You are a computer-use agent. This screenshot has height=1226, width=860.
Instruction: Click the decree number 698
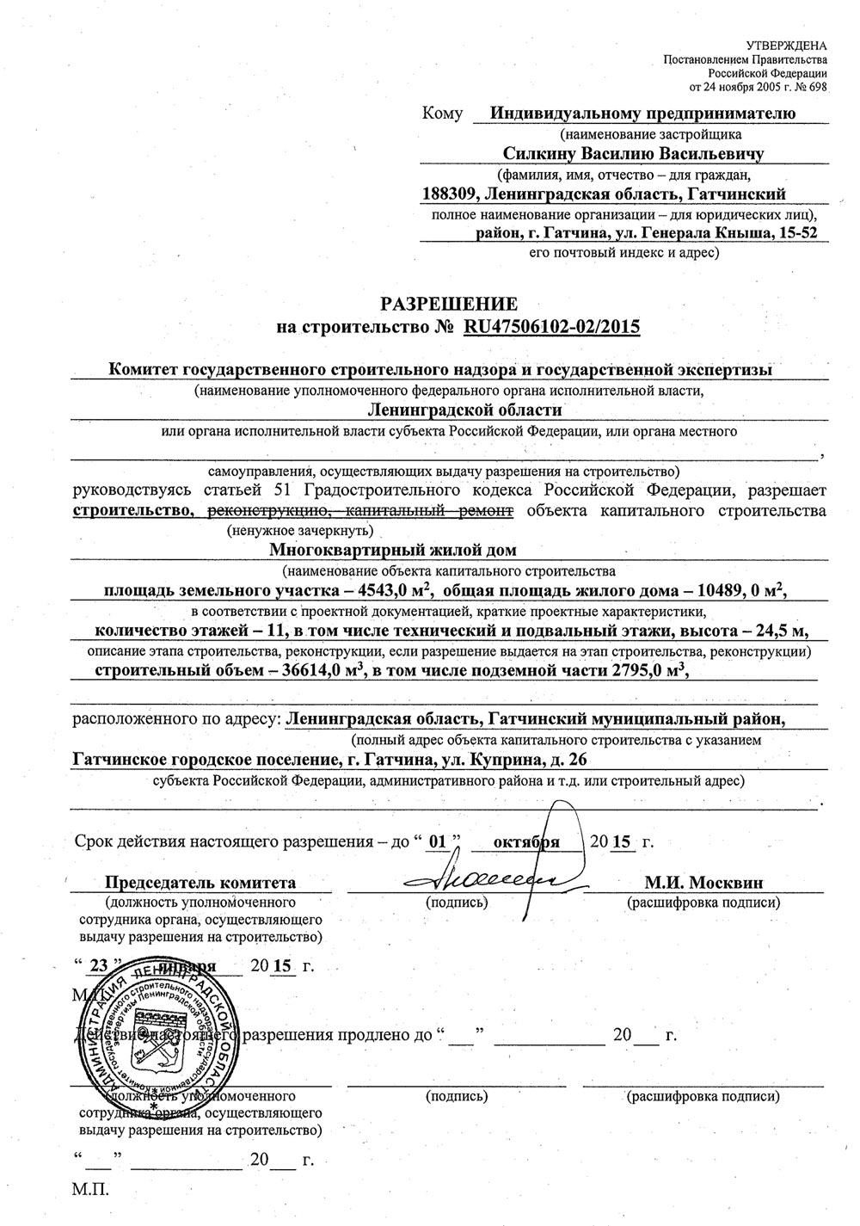pos(816,87)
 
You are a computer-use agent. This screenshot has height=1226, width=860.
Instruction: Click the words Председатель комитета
pos(200,882)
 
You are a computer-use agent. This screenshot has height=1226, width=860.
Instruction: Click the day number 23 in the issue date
pos(98,964)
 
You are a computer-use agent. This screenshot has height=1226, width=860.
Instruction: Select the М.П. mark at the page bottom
pos(91,1190)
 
